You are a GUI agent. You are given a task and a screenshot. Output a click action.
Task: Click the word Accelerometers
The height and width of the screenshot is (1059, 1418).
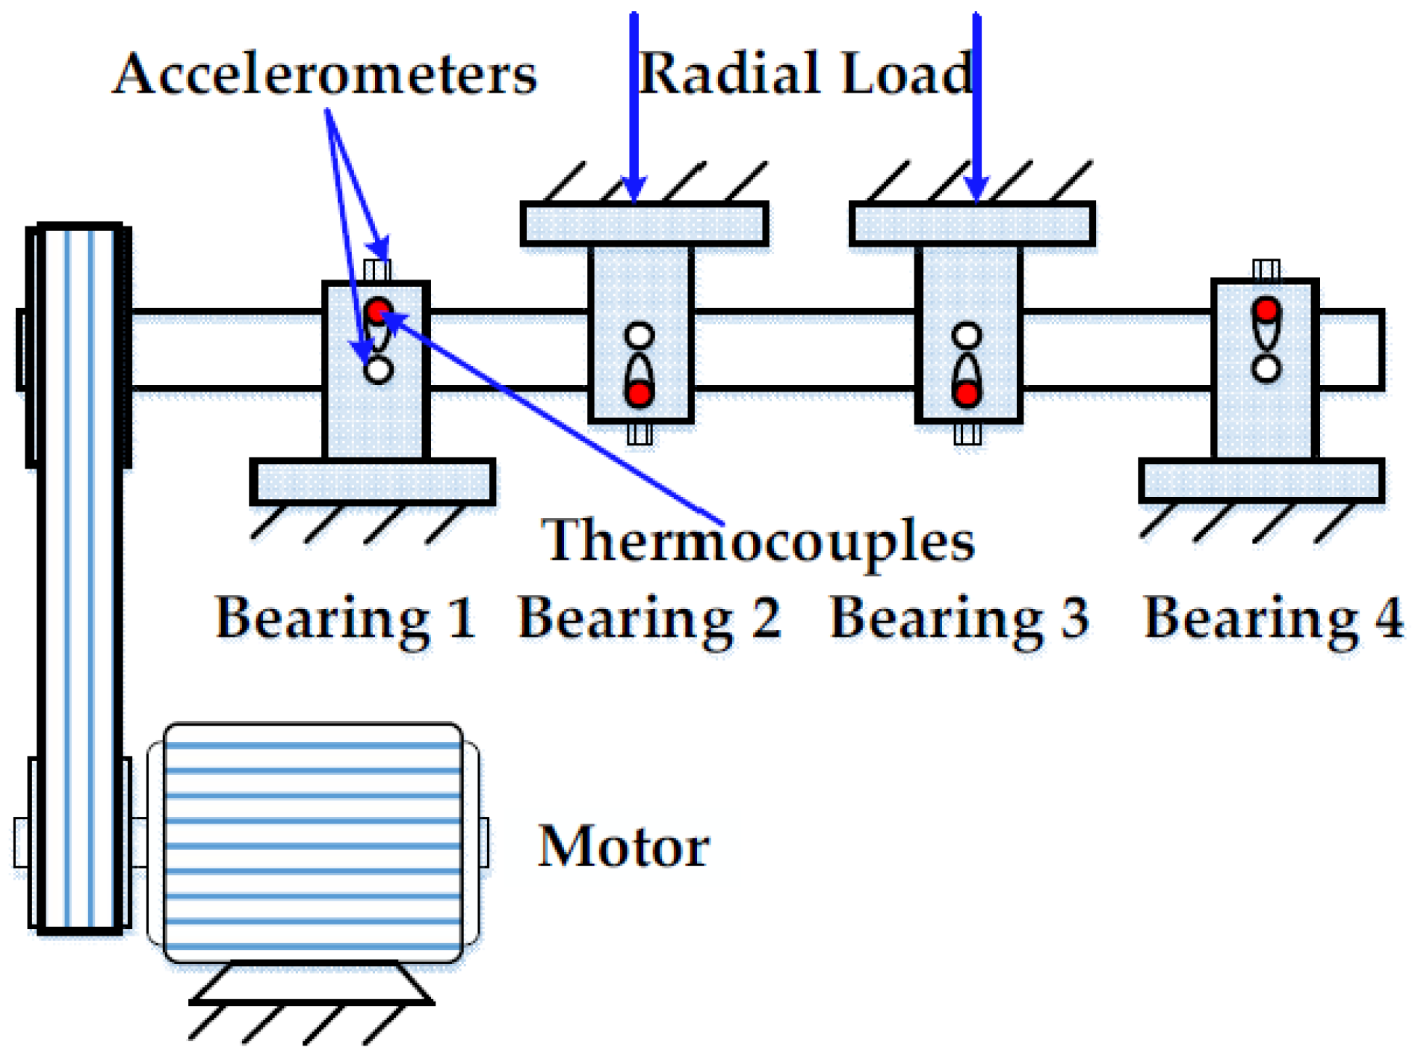coord(325,75)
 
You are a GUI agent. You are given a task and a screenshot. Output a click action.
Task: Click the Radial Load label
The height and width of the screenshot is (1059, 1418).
coord(805,75)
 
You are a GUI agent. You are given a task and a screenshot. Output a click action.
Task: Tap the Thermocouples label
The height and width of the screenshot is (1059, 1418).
coord(758,541)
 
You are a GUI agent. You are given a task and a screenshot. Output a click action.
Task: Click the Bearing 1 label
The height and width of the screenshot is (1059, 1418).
coord(345,619)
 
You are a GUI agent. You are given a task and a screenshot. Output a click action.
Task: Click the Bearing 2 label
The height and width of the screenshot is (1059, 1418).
coord(649,619)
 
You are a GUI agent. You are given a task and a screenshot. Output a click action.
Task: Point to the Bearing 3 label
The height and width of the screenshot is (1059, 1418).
coord(959,619)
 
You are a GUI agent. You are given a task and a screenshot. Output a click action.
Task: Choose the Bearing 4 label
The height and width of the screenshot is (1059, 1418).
coord(1273,619)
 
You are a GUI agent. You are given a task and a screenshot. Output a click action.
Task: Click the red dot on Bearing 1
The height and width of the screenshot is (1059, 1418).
coord(379,310)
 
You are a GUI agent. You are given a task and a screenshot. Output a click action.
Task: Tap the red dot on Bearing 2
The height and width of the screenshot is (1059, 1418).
coord(640,393)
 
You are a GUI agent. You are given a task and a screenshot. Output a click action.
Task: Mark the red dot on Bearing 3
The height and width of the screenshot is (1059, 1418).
coord(967,393)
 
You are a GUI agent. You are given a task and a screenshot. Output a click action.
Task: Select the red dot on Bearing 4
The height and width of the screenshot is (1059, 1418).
coord(1266,309)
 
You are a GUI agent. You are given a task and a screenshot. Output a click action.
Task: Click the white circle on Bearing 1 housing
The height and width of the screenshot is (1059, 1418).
coord(379,370)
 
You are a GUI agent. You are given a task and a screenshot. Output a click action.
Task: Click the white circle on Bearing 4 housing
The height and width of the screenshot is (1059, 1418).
coord(1266,368)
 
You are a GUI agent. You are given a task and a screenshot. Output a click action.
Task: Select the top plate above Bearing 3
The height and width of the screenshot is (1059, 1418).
coord(972,223)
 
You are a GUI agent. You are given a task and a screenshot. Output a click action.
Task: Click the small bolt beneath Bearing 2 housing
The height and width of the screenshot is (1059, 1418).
coord(640,433)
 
